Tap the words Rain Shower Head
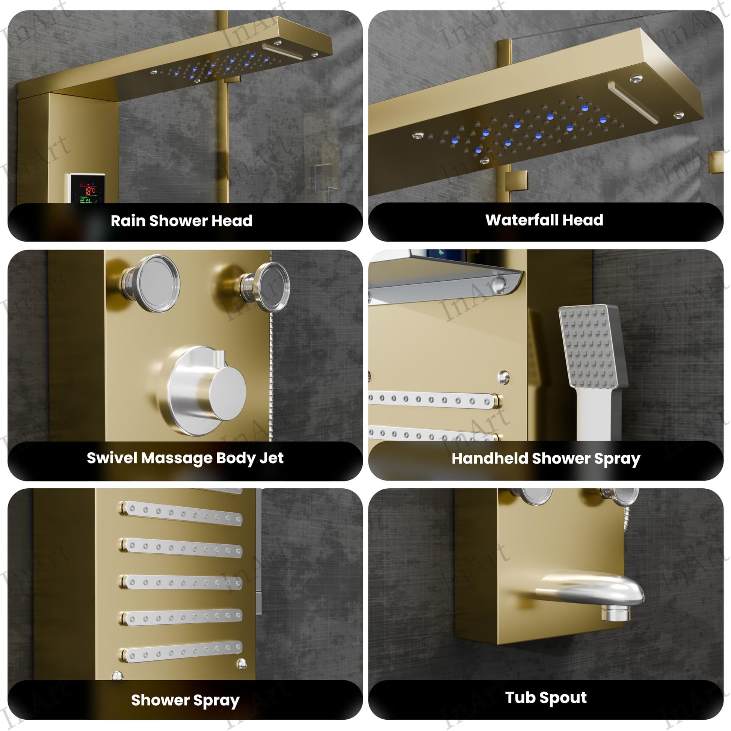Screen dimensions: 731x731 coord(181,221)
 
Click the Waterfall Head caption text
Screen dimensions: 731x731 coord(544,220)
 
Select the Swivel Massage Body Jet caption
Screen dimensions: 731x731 coord(185,458)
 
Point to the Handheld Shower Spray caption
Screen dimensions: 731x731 coord(545,459)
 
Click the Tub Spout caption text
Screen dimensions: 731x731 coord(545,697)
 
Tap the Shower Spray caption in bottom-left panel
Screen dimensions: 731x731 coord(185,700)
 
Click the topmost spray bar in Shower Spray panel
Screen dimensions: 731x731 coord(182,514)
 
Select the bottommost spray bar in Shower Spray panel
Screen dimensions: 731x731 coord(182,651)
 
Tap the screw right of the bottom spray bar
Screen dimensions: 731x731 coord(242,663)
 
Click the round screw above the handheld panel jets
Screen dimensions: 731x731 coord(503,377)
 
